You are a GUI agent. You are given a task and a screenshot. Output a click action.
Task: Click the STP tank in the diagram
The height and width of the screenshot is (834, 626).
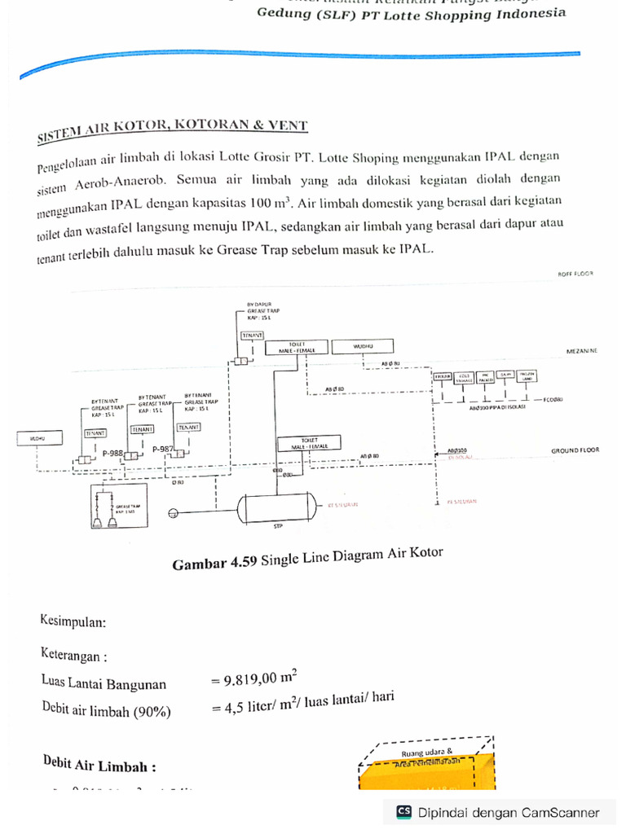click(276, 509)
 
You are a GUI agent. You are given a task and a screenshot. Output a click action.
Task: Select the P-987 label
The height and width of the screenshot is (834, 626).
click(163, 449)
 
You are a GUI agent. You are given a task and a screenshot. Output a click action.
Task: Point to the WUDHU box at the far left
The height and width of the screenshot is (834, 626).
click(37, 438)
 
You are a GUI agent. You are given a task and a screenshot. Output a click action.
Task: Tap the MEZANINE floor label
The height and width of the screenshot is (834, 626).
click(582, 350)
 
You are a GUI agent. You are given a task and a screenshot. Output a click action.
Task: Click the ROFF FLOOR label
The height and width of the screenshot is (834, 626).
click(575, 274)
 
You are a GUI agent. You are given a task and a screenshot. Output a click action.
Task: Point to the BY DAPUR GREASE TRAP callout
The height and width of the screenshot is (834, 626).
click(258, 311)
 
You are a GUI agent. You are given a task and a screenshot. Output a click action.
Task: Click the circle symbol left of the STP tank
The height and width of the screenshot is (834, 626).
click(173, 513)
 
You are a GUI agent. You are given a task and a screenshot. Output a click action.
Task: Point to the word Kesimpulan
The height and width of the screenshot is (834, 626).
click(73, 621)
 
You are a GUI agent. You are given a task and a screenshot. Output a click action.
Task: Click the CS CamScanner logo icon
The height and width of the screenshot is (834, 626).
click(403, 811)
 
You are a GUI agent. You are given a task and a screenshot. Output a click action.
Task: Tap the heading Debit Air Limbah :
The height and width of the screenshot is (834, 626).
click(99, 764)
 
